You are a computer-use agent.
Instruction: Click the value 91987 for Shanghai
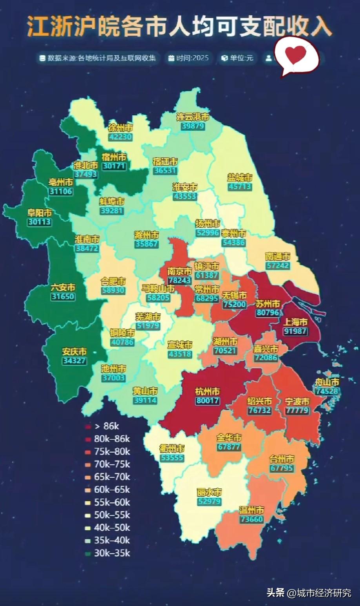(295, 331)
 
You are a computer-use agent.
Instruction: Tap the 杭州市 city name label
(207, 391)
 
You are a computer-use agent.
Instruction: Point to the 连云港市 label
(192, 117)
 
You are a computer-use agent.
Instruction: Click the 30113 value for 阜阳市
(39, 222)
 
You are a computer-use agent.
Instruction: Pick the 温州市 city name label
(251, 510)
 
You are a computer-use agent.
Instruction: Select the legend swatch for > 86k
(88, 426)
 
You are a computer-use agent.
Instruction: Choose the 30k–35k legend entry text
(112, 553)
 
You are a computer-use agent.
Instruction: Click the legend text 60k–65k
(112, 490)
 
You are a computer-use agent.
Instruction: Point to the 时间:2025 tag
(189, 58)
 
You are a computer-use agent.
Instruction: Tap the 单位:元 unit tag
(238, 58)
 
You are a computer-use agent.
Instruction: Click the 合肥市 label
(113, 281)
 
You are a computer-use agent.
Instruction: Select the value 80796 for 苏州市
(267, 313)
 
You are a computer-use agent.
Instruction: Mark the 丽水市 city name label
(209, 492)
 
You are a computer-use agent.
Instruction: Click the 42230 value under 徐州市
(120, 137)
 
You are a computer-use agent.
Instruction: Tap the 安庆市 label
(74, 351)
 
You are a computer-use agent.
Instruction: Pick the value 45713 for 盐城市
(239, 187)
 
